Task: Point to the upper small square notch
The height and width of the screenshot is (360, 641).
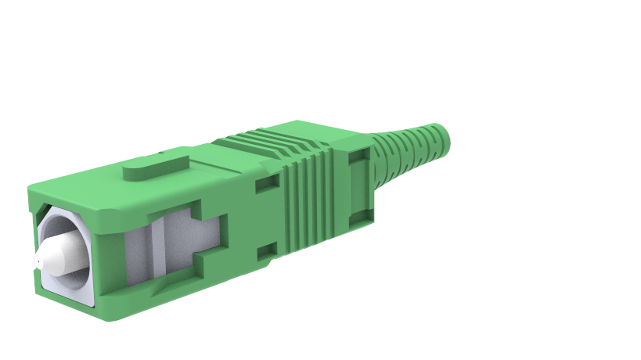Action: point(267,182)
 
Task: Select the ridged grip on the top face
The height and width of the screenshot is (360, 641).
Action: point(266,146)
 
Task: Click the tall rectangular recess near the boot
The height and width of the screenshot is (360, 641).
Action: point(358,185)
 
